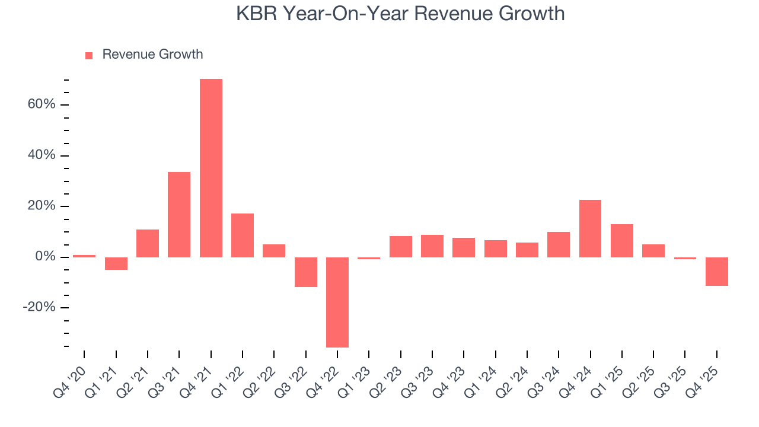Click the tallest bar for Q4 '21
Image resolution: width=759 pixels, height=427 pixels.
point(211,168)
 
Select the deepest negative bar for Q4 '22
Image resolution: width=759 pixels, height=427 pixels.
point(337,302)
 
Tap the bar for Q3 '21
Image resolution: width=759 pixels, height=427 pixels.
point(179,214)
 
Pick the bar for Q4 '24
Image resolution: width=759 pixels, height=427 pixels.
point(590,228)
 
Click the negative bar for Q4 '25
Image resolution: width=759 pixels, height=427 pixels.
point(716,271)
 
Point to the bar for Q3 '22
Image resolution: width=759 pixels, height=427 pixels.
point(305,272)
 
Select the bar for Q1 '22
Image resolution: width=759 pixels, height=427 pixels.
point(243,235)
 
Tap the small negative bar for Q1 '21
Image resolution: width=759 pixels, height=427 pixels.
point(116,263)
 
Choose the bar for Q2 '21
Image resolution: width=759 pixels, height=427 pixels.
point(148,243)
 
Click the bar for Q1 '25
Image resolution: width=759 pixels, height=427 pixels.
point(621,240)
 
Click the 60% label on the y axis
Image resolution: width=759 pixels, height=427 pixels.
point(41,105)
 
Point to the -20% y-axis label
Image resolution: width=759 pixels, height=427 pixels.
point(39,308)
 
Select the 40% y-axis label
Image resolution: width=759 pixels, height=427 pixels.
point(41,155)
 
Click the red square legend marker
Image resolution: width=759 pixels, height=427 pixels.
point(89,56)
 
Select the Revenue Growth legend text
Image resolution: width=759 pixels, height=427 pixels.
point(152,55)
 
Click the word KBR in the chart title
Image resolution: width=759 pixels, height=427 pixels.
point(257,13)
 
